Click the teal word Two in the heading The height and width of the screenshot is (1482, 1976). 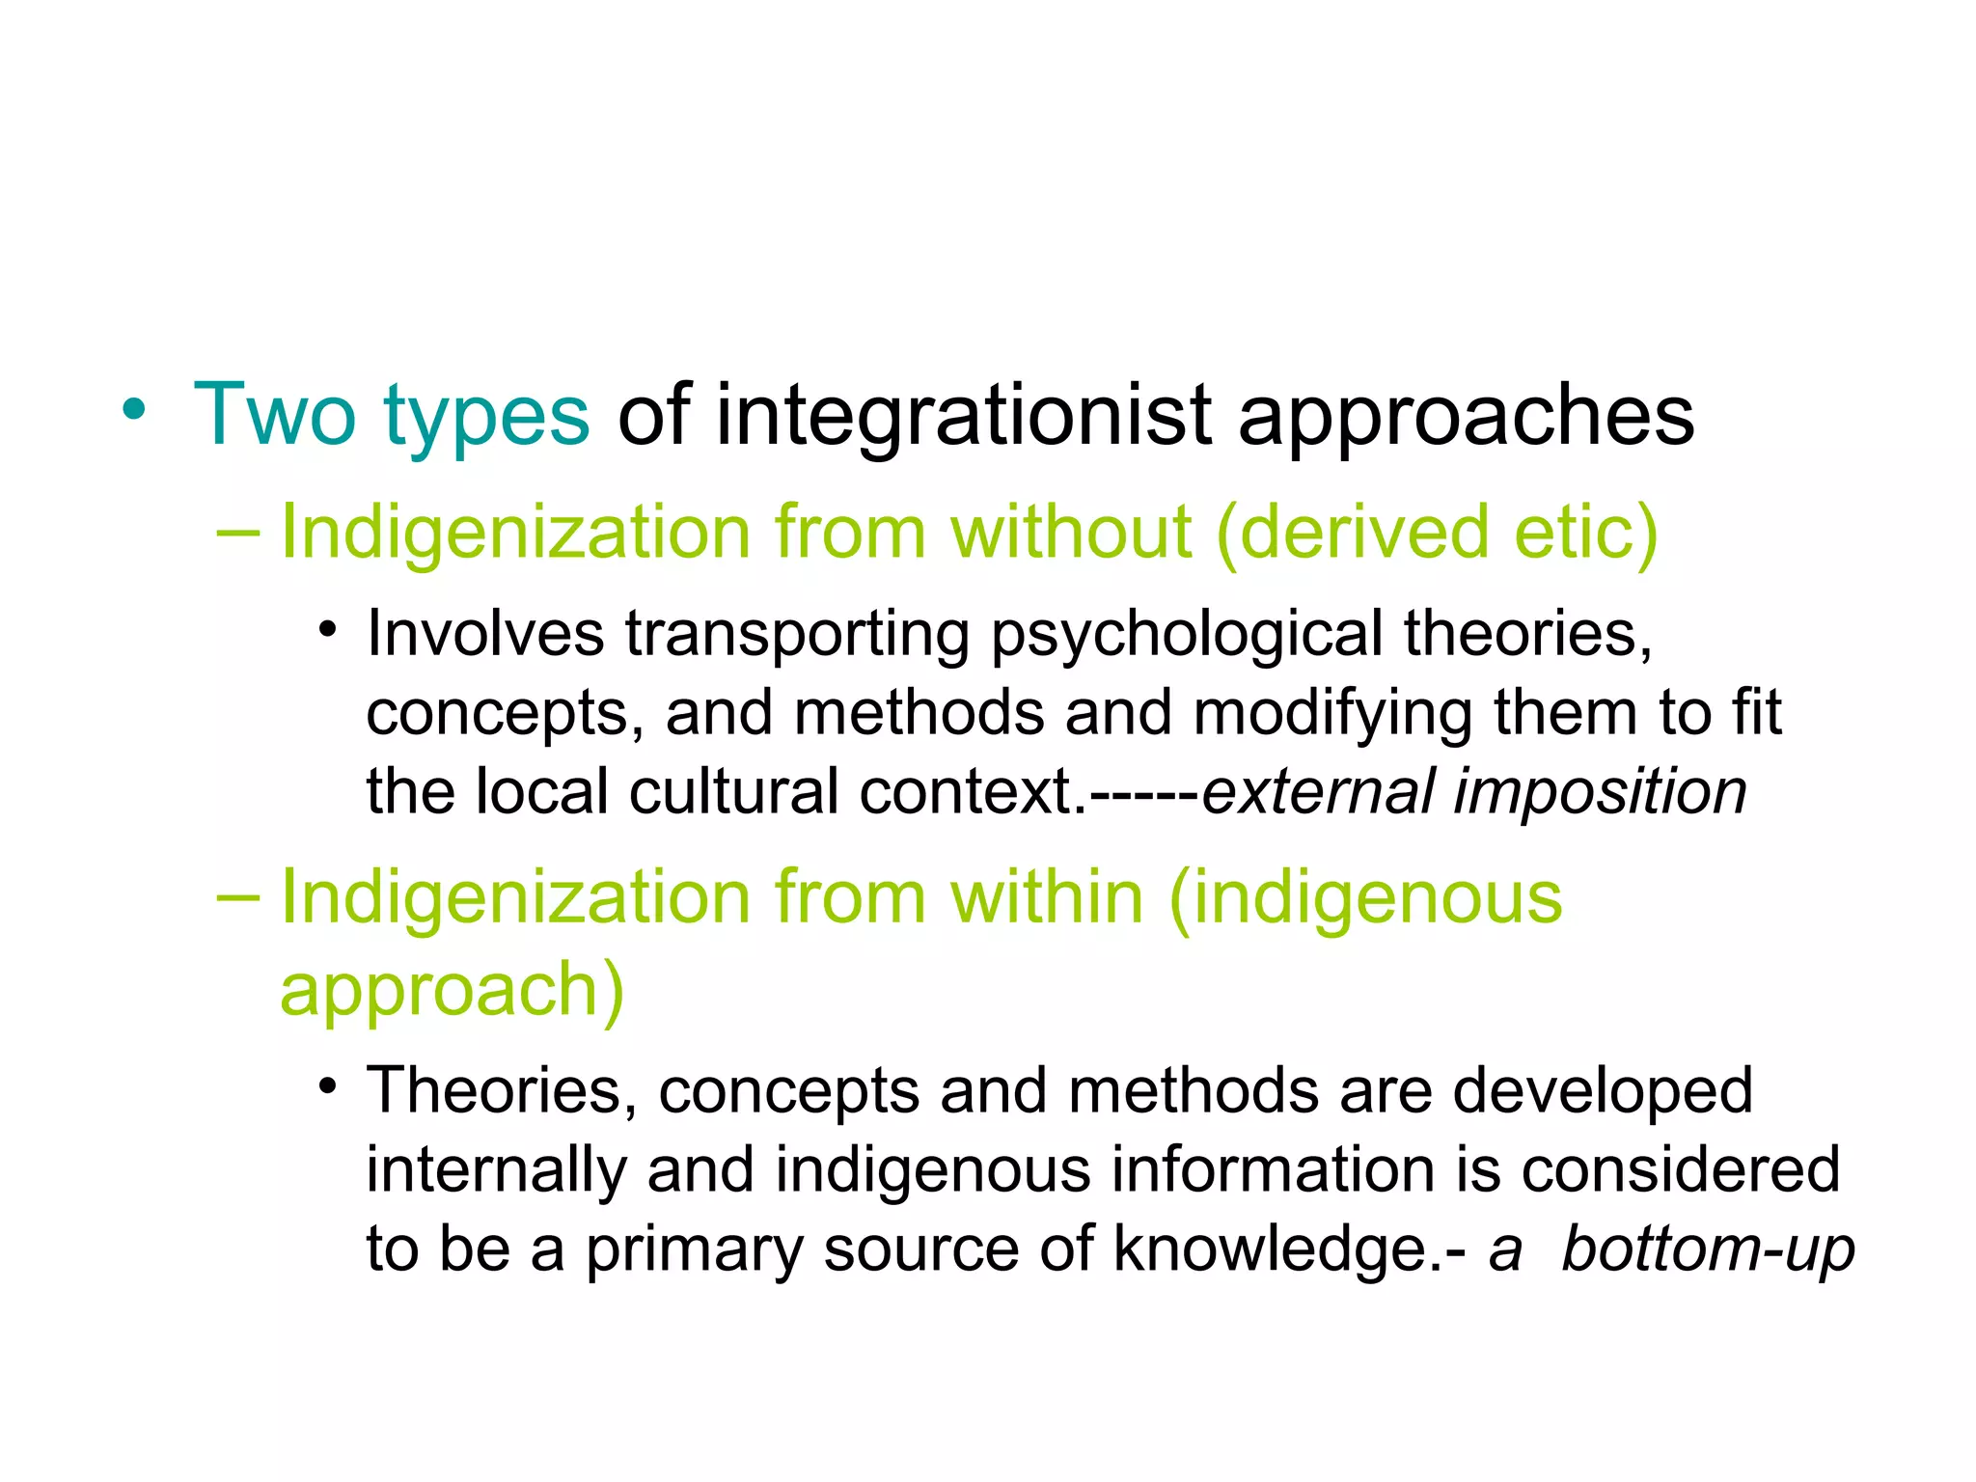coord(274,416)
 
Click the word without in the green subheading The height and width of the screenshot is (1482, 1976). coord(1071,533)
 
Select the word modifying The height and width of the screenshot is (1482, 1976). coord(1332,715)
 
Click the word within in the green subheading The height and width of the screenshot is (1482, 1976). coord(1047,898)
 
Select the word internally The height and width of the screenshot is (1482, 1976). coord(496,1170)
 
